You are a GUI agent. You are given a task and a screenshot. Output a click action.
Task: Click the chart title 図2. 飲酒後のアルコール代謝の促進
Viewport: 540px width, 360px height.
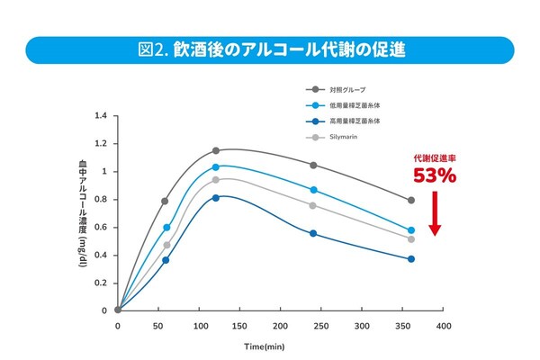pos(271,50)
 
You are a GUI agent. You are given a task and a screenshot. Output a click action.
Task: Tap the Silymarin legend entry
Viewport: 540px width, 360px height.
pos(346,138)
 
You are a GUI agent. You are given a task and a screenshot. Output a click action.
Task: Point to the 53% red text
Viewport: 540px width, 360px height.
pos(436,176)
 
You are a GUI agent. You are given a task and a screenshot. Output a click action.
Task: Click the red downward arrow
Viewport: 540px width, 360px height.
pos(436,216)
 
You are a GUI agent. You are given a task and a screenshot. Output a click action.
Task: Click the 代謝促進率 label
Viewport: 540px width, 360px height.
pos(436,158)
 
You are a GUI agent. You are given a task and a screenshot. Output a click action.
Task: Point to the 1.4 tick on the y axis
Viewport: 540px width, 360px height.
pos(100,116)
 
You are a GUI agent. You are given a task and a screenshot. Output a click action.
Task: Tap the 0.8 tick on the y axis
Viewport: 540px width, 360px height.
pos(100,200)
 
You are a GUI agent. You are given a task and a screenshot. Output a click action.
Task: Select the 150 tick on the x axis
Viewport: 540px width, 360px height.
pos(240,325)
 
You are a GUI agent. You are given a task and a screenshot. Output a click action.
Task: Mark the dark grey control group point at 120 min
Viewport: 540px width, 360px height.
pos(216,151)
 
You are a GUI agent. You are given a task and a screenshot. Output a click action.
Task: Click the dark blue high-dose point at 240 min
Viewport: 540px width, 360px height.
pos(313,233)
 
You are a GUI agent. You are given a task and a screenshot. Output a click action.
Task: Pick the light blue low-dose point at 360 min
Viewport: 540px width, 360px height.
pos(411,230)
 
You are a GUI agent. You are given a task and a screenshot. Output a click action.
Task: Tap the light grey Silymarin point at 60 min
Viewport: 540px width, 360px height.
pos(166,245)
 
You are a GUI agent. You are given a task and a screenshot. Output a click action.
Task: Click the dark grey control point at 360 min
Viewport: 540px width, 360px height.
pos(411,200)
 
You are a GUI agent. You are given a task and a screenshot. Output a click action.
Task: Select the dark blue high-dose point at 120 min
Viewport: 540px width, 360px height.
pos(216,197)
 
